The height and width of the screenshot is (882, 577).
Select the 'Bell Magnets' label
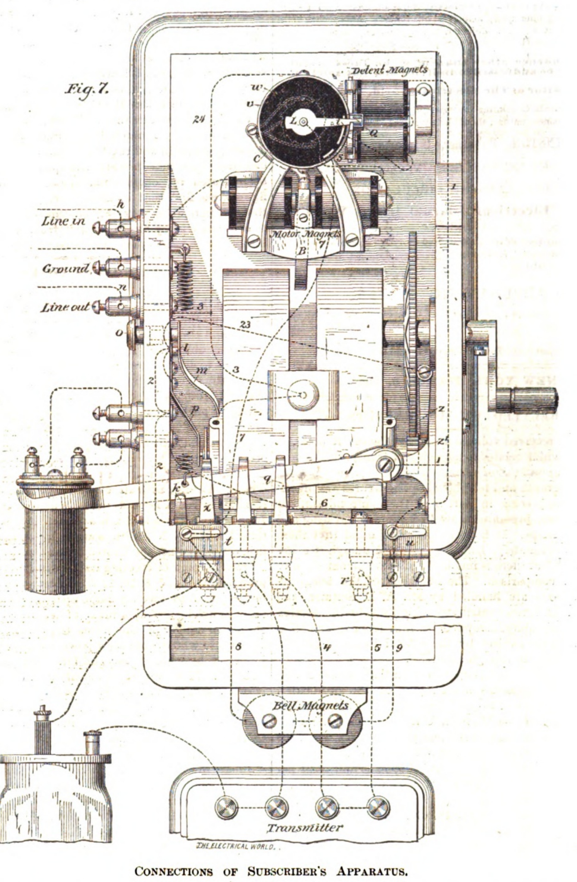(310, 705)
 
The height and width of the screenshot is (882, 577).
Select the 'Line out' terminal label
(66, 307)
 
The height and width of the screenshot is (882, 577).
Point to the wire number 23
(245, 324)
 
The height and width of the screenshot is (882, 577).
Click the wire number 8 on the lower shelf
(238, 647)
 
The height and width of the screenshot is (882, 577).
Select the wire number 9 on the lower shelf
(399, 648)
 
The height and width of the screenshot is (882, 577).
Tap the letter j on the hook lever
(349, 471)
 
